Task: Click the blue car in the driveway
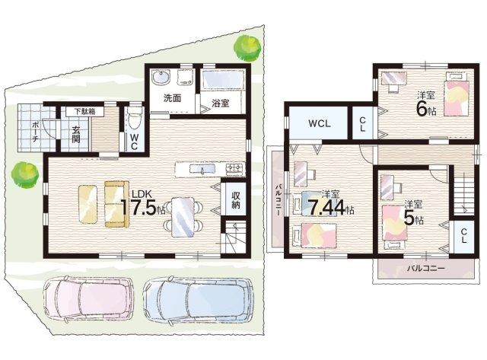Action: point(198,299)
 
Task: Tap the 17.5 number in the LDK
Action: point(138,207)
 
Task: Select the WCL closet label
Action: point(320,123)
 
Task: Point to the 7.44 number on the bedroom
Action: point(326,208)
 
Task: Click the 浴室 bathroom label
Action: point(220,103)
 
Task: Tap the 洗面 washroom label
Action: point(173,98)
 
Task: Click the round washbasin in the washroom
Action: point(161,77)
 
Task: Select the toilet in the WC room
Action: point(134,120)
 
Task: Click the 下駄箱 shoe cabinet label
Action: point(84,112)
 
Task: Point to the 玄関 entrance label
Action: point(76,134)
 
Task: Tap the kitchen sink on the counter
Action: point(202,169)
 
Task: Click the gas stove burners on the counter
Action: point(235,168)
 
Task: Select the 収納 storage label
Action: point(235,199)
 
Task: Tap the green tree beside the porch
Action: point(25,174)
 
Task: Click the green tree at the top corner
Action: point(247,46)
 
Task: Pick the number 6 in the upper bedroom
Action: point(422,108)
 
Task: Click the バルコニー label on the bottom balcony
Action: point(426,268)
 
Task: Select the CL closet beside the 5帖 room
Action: point(463,236)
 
